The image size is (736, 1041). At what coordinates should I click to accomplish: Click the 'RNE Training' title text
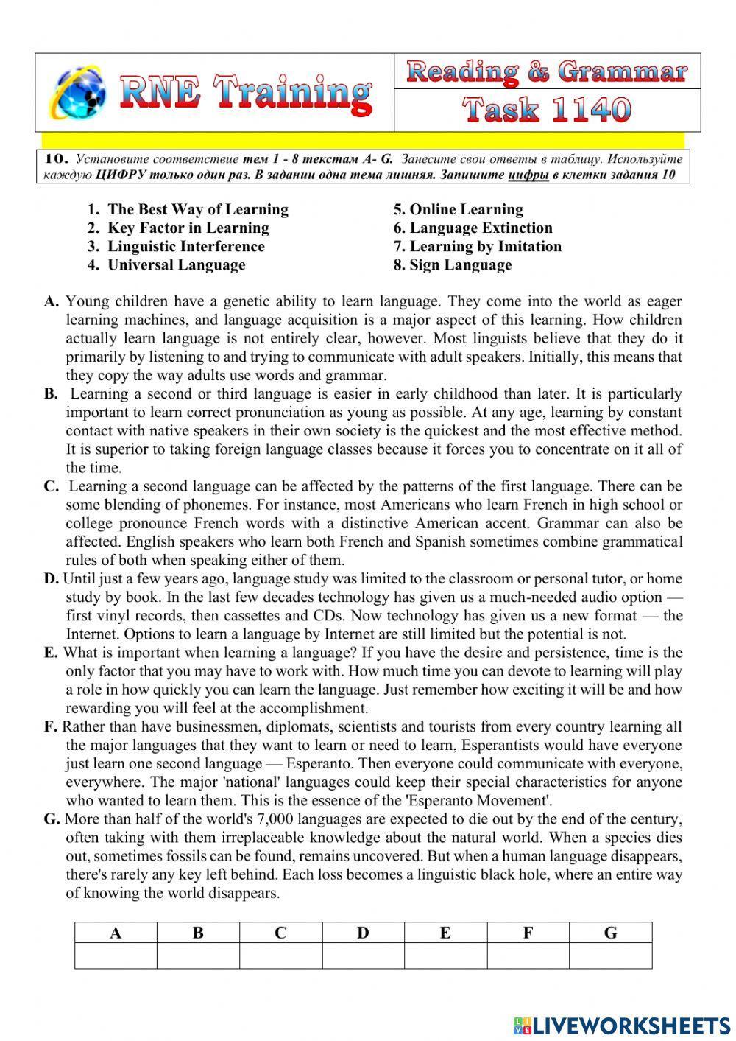coord(244,94)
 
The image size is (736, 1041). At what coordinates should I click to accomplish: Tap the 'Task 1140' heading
coord(547,111)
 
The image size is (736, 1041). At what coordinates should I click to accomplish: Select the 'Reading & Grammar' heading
coord(547,72)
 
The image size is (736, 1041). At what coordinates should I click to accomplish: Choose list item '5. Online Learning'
coord(458,210)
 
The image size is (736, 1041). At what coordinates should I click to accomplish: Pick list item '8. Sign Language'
coord(452,265)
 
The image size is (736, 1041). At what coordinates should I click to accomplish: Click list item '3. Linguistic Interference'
coord(176,247)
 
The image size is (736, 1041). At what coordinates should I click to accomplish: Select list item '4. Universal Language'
coord(166,265)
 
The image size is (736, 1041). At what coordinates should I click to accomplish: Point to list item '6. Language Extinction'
coord(473,228)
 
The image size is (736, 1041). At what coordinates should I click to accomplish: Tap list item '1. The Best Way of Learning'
coord(188,210)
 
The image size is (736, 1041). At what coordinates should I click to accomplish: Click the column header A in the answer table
coord(116,933)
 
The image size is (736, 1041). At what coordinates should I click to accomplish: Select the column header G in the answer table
coord(610,933)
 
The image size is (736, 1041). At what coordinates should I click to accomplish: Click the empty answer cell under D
coord(363,956)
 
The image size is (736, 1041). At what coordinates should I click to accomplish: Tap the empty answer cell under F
coord(528,956)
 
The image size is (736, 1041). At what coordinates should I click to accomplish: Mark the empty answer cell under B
coord(198,956)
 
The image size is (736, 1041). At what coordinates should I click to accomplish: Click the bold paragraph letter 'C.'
coord(51,487)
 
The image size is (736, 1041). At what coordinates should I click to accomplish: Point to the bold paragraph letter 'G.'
coord(52,819)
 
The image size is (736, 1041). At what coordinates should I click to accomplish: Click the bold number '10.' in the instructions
coord(56,158)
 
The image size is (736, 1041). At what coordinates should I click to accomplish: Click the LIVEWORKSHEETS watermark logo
coord(622,1025)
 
